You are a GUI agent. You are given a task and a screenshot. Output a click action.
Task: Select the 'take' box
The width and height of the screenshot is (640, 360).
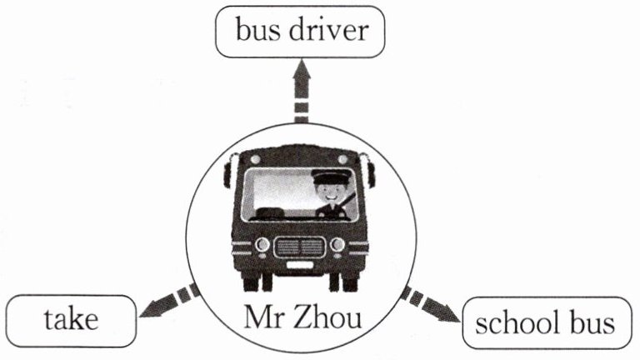click(x=70, y=319)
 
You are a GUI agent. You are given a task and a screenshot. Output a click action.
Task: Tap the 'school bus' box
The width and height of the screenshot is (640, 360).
click(x=546, y=322)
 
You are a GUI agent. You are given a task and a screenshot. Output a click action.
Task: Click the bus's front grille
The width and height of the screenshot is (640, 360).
click(x=299, y=247)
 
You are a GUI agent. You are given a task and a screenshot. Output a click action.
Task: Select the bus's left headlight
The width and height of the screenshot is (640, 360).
click(x=262, y=244)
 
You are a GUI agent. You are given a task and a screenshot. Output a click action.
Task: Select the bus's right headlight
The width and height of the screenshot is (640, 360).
click(x=337, y=244)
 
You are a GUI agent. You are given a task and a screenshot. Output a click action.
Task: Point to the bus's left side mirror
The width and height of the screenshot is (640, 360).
click(x=227, y=172)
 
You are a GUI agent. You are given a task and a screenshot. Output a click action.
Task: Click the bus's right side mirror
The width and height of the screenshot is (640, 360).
click(x=371, y=172)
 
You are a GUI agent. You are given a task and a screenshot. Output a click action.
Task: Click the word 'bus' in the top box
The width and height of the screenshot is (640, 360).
click(x=255, y=32)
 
